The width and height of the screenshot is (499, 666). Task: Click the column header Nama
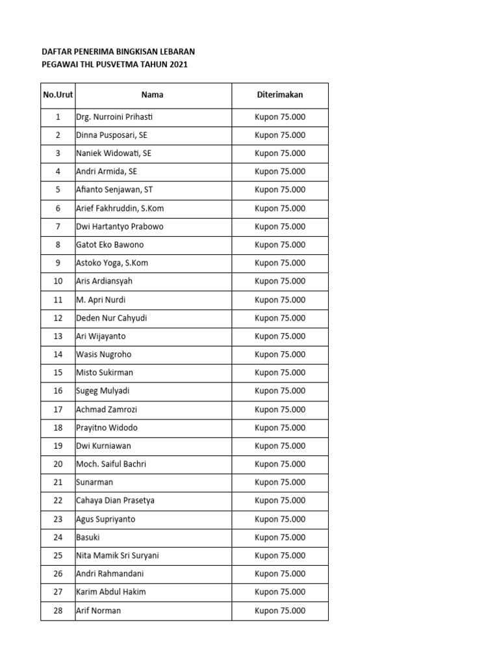coord(153,95)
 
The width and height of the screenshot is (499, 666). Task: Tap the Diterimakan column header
coord(280,95)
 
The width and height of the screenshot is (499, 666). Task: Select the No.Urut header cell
coord(58,95)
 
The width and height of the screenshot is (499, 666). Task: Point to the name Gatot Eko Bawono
coord(110,245)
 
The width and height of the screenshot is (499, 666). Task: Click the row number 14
coord(58,354)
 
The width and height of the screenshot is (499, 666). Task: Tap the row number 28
coord(58,611)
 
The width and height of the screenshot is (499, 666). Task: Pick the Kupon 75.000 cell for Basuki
coord(280,537)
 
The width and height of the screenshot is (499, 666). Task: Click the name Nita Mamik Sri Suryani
coord(118,555)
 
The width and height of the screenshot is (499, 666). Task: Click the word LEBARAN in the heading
coord(172,51)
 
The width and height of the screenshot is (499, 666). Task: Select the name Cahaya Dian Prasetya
coord(115,501)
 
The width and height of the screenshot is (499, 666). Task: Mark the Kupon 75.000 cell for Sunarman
coord(280,483)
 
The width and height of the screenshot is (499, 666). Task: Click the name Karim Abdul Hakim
coord(111,592)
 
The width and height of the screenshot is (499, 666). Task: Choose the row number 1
coord(58,117)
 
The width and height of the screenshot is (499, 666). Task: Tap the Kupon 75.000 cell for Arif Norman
coord(280,611)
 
